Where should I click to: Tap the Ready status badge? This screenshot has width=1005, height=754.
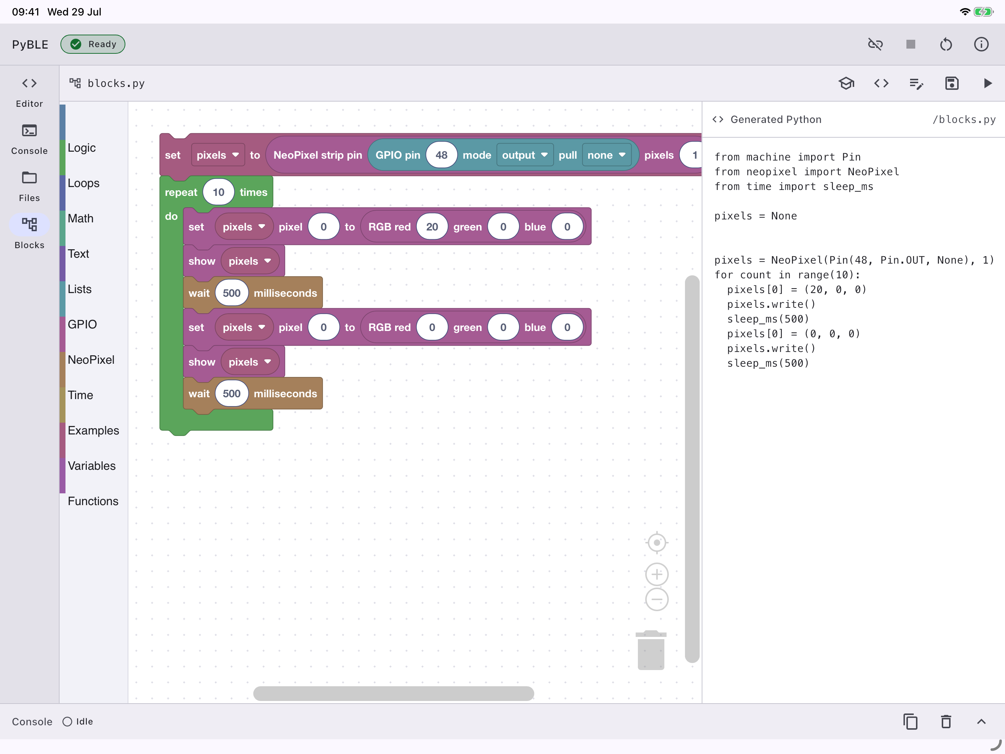coord(93,44)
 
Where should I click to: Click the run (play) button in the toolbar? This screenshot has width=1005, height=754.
coord(987,83)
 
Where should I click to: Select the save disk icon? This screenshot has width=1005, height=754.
coord(952,83)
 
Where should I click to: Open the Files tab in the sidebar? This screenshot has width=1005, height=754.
coord(29,186)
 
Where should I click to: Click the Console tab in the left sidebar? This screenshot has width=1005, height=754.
coord(29,139)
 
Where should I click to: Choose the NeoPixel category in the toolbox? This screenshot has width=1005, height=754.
coord(91,360)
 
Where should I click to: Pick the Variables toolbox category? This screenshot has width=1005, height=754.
coord(92,466)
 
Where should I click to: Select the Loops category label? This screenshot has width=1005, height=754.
coord(84,183)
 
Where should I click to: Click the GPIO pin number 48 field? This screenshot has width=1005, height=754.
coord(441,155)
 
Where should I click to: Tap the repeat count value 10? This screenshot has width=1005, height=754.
coord(219,192)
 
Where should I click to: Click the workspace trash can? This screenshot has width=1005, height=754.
coord(651,650)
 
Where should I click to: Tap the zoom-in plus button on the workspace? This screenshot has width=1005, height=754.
coord(657,574)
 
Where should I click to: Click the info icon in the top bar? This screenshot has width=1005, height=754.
coord(981,44)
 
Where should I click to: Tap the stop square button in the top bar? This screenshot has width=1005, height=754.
coord(910,44)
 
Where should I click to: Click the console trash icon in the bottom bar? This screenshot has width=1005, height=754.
coord(946,721)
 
